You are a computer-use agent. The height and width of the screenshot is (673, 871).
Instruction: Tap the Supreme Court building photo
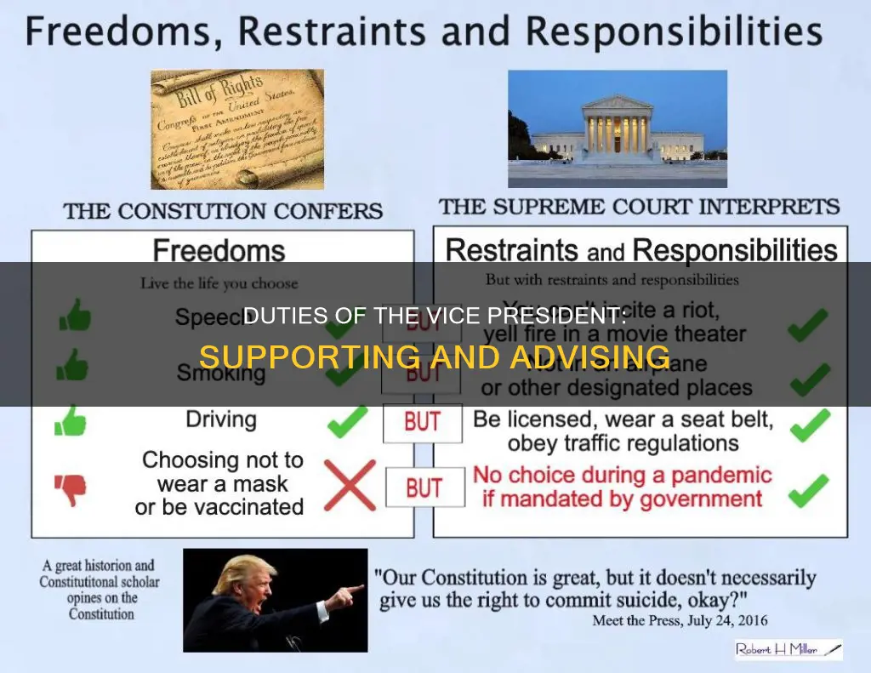click(618, 128)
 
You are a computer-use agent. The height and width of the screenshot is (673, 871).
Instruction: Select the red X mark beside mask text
click(349, 486)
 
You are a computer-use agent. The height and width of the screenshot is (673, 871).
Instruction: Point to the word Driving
click(220, 419)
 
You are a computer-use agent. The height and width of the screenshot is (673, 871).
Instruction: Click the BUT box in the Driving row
click(423, 423)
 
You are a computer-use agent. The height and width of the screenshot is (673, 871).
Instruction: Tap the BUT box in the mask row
click(423, 488)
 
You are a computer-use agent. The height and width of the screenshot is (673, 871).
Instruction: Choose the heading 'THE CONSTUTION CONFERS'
click(223, 211)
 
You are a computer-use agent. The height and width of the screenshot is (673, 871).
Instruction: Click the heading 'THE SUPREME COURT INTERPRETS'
click(639, 207)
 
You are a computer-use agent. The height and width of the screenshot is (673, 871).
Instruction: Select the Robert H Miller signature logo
click(788, 650)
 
